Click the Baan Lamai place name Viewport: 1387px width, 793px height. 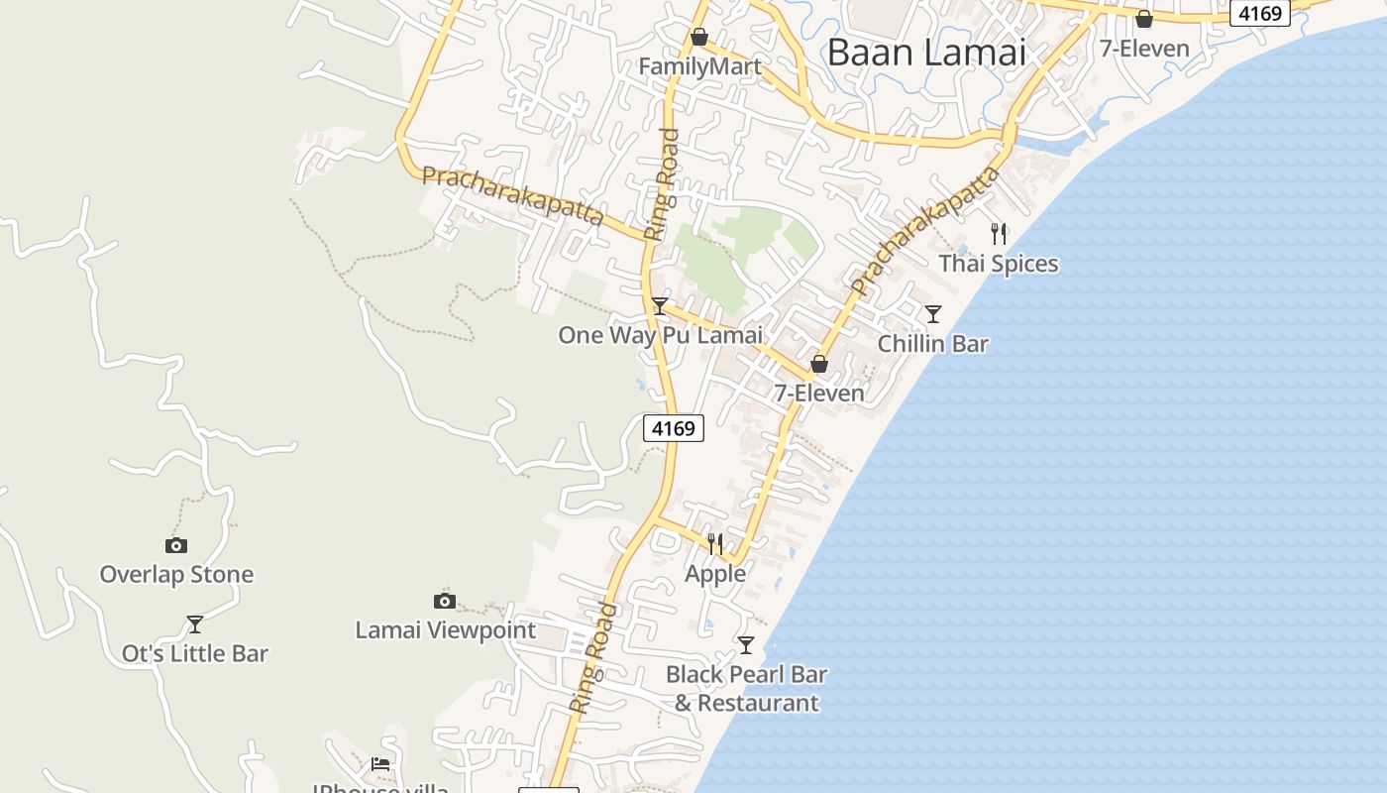pyautogui.click(x=926, y=53)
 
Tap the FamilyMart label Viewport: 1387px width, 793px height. pyautogui.click(x=699, y=66)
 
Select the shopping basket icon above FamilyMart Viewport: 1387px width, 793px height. pyautogui.click(x=699, y=37)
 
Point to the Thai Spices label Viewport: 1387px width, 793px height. pyautogui.click(x=999, y=264)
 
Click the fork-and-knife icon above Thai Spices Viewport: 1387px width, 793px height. pyautogui.click(x=999, y=234)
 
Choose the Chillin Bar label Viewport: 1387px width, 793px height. pyautogui.click(x=933, y=344)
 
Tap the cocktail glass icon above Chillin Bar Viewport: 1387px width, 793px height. pyautogui.click(x=933, y=314)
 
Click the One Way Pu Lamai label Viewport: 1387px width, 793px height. pyautogui.click(x=660, y=335)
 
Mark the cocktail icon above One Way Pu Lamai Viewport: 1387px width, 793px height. pyautogui.click(x=660, y=306)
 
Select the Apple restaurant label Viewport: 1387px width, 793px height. pyautogui.click(x=715, y=574)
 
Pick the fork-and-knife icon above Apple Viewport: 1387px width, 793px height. pyautogui.click(x=715, y=543)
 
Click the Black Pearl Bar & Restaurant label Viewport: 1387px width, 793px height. pyautogui.click(x=746, y=689)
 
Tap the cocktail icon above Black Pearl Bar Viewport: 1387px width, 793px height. pyautogui.click(x=746, y=645)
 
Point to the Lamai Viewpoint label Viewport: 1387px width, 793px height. pyautogui.click(x=445, y=630)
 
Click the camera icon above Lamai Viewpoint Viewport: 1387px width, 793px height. pyautogui.click(x=445, y=601)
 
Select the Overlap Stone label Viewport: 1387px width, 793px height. pyautogui.click(x=176, y=575)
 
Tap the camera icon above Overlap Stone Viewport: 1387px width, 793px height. pyautogui.click(x=176, y=545)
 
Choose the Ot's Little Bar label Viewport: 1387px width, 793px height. pyautogui.click(x=195, y=654)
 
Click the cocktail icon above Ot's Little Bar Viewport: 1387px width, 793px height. pyautogui.click(x=195, y=624)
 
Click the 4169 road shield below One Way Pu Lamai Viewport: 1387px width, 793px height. pyautogui.click(x=674, y=428)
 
